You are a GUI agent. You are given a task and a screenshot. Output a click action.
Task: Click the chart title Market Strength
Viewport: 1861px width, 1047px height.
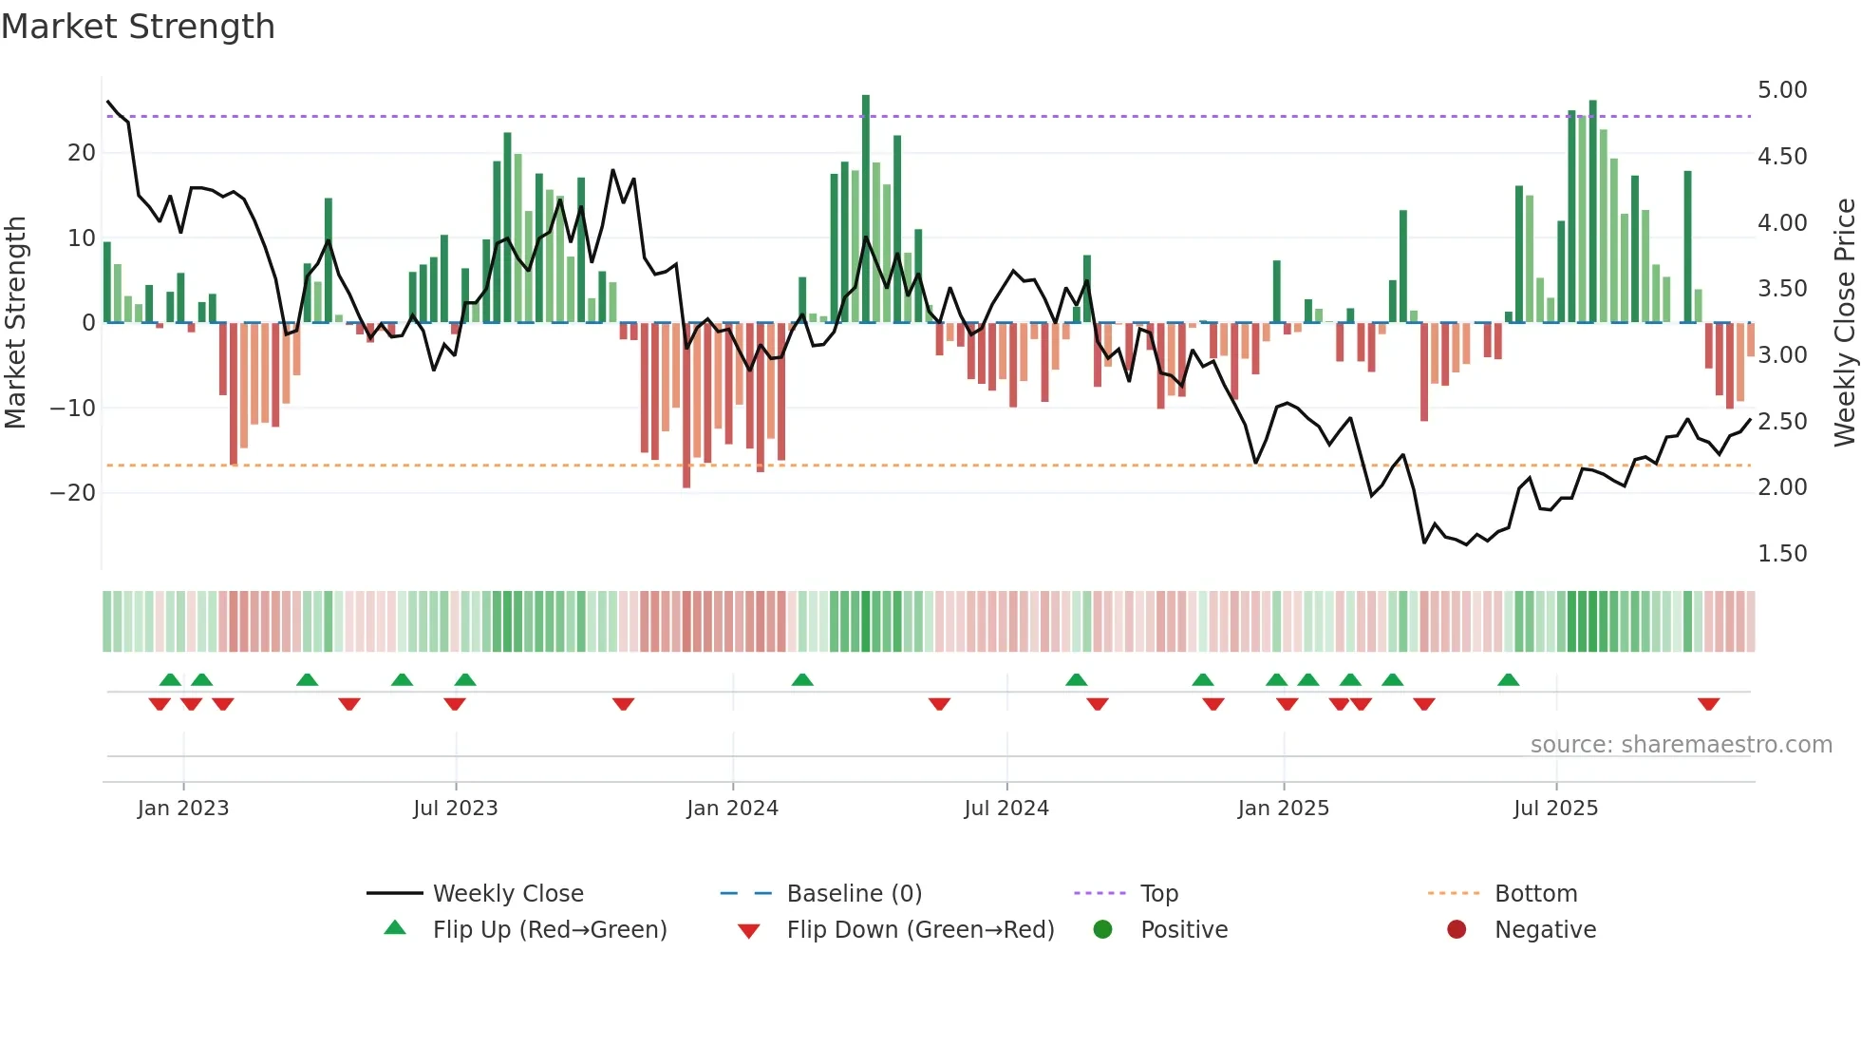(x=138, y=27)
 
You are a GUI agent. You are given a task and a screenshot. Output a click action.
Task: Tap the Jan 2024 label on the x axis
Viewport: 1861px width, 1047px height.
(x=732, y=809)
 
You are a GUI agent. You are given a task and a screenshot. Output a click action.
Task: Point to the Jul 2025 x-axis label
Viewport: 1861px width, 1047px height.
(x=1555, y=809)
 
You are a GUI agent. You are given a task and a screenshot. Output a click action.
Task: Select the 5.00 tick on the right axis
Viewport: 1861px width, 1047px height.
(x=1781, y=90)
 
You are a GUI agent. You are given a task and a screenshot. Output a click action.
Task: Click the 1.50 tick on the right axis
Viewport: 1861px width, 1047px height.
(x=1781, y=554)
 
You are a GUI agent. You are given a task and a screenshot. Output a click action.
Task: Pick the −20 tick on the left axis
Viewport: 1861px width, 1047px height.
(x=73, y=493)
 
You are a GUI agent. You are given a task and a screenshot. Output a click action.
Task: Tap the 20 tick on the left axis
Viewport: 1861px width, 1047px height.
(x=82, y=153)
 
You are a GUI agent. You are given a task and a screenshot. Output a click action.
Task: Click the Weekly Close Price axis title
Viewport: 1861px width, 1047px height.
(x=1844, y=323)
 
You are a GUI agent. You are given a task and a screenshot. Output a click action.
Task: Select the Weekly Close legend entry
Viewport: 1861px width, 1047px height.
(x=507, y=894)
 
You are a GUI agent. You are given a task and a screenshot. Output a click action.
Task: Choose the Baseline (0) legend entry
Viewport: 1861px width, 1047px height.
(x=854, y=894)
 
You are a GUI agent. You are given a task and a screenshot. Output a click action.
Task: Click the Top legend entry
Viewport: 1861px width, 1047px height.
(x=1158, y=894)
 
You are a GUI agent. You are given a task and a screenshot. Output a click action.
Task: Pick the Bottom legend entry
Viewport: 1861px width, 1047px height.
(x=1535, y=894)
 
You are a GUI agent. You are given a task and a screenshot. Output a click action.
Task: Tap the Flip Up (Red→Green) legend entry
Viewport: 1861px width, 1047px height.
(x=549, y=930)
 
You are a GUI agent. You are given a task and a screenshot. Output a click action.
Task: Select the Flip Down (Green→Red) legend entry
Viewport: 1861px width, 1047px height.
(x=919, y=930)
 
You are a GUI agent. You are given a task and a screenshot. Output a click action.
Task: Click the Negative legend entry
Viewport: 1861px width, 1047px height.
(x=1544, y=930)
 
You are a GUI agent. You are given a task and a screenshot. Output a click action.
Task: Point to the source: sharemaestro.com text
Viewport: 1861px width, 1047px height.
(x=1681, y=745)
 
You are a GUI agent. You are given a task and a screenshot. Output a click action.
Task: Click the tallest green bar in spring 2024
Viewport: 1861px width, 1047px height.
(x=866, y=209)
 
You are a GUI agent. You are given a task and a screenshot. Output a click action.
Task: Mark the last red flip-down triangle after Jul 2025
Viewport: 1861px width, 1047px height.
(x=1708, y=704)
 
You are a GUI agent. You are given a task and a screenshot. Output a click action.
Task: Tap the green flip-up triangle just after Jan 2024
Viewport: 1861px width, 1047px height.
(x=802, y=679)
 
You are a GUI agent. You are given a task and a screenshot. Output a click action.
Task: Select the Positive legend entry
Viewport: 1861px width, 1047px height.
(x=1183, y=930)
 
